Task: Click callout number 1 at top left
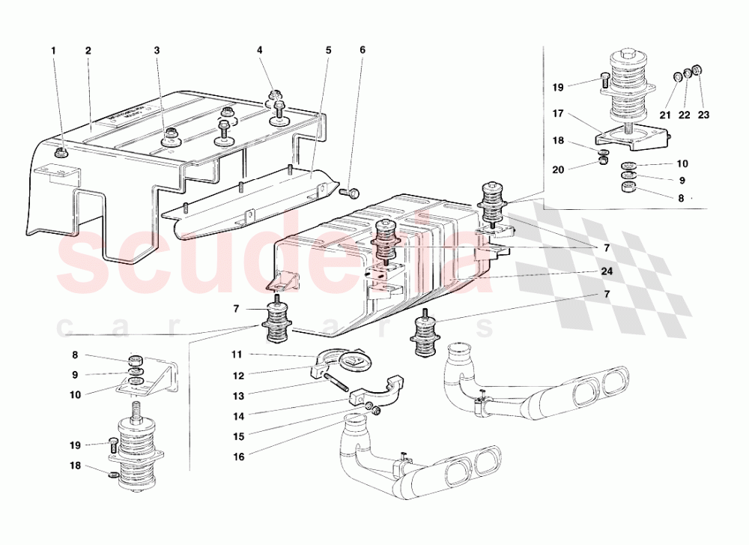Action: tap(53, 51)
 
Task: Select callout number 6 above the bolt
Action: tap(363, 51)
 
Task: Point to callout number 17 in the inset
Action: tap(558, 115)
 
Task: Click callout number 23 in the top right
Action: tap(703, 115)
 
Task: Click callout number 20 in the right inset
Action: tap(558, 170)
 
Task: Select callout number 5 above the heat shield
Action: tap(328, 51)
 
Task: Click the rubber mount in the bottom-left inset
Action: tap(136, 457)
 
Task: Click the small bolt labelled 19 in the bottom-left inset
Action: tap(113, 444)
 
